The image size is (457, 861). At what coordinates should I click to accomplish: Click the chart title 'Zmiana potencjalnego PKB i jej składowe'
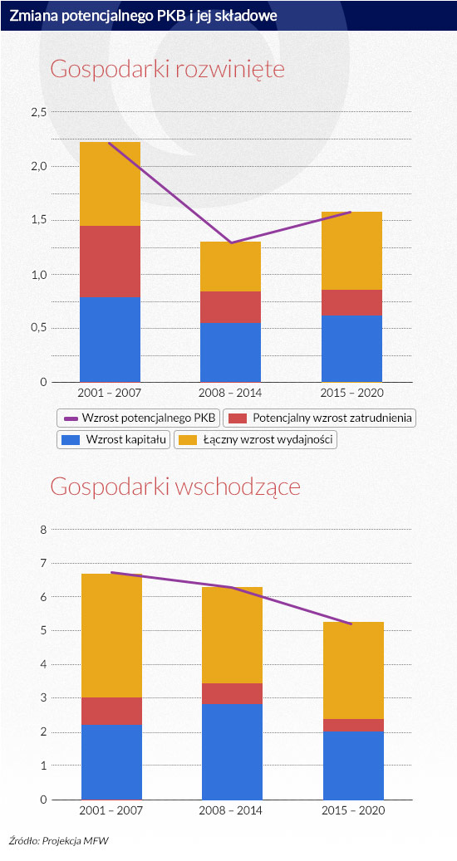(x=143, y=16)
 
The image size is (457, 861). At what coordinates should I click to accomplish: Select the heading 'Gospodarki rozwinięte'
(x=168, y=71)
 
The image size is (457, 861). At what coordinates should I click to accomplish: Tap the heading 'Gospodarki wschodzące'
(x=175, y=487)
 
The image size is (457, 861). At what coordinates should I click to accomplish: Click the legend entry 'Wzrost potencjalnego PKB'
(x=139, y=418)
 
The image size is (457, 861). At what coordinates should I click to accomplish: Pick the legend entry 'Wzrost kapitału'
(x=114, y=439)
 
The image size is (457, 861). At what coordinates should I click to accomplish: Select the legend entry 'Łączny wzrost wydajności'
(x=255, y=439)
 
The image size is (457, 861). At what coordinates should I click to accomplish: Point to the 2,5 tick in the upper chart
(x=37, y=112)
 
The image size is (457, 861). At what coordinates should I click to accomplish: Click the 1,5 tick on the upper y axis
(x=37, y=220)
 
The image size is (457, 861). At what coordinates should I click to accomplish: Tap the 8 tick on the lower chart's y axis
(x=43, y=530)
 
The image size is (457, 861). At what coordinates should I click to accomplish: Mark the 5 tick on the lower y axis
(x=43, y=630)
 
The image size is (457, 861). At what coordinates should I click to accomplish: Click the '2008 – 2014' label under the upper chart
(x=231, y=394)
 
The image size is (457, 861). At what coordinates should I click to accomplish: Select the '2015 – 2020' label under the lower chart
(x=353, y=810)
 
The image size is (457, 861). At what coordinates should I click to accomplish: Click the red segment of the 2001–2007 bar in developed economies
(x=110, y=262)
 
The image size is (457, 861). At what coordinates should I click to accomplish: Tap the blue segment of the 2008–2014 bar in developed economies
(x=231, y=352)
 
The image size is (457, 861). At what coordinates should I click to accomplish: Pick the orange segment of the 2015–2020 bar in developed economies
(x=351, y=251)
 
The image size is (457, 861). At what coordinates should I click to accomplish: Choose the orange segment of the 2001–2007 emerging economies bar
(x=111, y=635)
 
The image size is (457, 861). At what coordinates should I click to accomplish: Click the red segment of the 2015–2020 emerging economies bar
(x=353, y=725)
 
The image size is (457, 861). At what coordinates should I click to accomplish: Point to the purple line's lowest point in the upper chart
(x=231, y=242)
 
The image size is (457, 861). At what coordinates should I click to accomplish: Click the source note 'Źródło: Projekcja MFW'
(x=55, y=839)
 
